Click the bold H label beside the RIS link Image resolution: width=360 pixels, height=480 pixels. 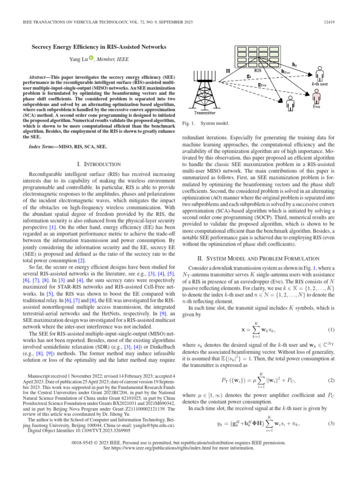point(228,71)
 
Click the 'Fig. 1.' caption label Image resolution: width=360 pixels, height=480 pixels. point(187,123)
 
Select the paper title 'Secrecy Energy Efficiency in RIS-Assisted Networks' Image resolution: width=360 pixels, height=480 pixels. point(98,47)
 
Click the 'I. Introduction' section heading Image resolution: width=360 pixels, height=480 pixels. point(98,164)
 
